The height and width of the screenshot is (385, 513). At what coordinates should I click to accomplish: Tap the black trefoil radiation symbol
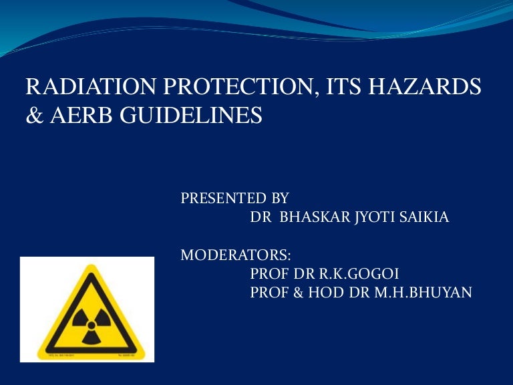point(88,319)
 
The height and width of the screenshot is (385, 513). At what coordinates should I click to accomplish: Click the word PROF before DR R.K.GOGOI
point(266,273)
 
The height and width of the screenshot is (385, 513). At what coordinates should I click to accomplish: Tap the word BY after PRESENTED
point(279,199)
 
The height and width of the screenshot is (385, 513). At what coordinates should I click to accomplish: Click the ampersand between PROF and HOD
point(294,292)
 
